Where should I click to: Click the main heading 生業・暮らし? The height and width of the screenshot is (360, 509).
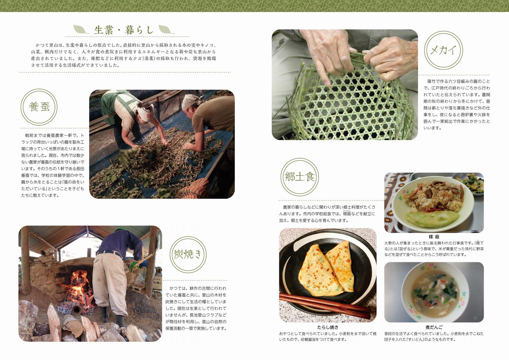point(124,30)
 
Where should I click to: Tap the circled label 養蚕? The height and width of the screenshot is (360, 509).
point(39,107)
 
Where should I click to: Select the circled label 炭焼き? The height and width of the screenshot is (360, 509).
point(188,254)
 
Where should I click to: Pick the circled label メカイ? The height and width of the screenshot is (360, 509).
point(443,50)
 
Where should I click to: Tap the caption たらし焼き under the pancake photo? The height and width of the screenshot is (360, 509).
point(327,327)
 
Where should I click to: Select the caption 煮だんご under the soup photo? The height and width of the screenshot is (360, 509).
point(434,327)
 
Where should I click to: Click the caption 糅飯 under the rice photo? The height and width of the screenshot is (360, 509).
point(434,237)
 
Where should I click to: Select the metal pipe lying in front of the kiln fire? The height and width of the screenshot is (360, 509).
point(76,309)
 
